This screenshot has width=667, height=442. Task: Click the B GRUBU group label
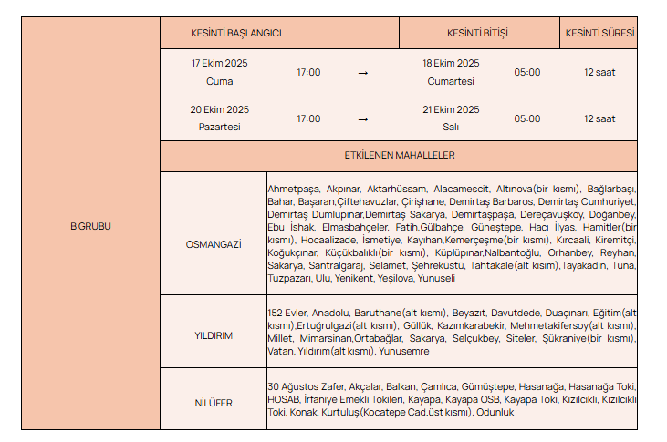coord(90,226)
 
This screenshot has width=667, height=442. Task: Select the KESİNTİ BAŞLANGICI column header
coord(235,33)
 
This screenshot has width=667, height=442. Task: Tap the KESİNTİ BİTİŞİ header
coord(477,33)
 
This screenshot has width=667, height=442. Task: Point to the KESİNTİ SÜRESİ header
coord(599,33)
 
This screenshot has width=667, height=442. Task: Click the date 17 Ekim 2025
coord(219,63)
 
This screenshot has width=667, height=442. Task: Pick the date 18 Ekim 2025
coord(451,63)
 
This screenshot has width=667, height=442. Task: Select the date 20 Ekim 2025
coord(219,109)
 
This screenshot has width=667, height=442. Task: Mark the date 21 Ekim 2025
coord(451,109)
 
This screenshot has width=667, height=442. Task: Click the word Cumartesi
coord(451,81)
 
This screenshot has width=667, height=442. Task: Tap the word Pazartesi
coord(219,128)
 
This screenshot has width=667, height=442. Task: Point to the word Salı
coord(451,128)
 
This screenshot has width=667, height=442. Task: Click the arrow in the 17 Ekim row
coord(362,72)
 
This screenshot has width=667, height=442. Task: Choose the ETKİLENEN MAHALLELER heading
coord(400,156)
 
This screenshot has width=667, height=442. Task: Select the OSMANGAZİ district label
coord(213,245)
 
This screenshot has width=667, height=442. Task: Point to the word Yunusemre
coord(403,351)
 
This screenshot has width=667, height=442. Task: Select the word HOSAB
coord(282,399)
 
